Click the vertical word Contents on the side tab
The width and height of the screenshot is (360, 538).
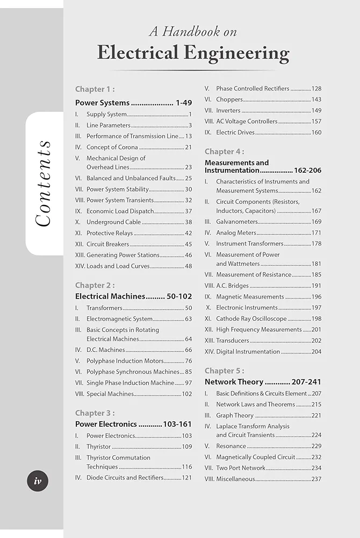(43, 183)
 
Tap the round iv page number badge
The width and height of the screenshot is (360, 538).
(38, 480)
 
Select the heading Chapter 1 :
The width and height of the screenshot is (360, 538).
(95, 89)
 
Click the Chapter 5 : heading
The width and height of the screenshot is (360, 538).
(224, 371)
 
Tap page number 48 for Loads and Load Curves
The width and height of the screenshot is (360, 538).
(188, 266)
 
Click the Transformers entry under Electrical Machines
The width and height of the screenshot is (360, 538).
(104, 308)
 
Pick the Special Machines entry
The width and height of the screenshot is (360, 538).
(110, 394)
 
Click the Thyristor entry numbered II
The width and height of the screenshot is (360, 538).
(98, 447)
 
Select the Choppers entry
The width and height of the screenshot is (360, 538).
(229, 100)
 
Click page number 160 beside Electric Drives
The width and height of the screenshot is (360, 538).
(316, 132)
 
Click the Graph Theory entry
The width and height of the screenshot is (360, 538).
(235, 415)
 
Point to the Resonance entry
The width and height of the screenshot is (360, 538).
(231, 446)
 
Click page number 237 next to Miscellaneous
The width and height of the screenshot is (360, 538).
(316, 479)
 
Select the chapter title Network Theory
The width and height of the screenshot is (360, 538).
(234, 382)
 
